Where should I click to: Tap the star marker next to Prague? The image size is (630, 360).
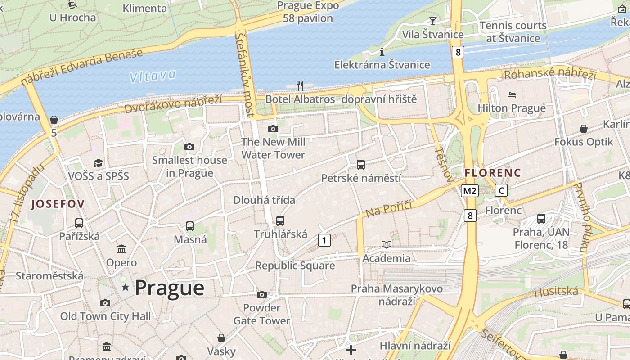tap(125, 287)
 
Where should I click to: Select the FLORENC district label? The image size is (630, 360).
tap(493, 173)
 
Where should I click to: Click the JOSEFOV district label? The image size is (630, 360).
tap(57, 204)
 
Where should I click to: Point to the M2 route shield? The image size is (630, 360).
tap(469, 191)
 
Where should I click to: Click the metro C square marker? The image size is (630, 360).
tap(501, 190)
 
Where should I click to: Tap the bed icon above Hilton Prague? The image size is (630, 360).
tap(512, 95)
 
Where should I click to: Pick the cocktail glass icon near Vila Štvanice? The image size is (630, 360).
tap(432, 21)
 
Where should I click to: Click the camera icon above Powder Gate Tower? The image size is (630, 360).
tap(261, 295)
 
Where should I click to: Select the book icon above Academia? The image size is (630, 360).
tap(387, 244)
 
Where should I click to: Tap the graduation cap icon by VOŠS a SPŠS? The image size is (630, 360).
tap(98, 163)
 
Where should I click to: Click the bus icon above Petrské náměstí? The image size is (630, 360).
tap(361, 165)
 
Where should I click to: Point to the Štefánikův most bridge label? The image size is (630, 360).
tap(245, 74)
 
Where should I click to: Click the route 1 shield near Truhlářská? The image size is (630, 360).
tap(324, 240)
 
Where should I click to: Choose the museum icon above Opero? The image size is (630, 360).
tap(121, 249)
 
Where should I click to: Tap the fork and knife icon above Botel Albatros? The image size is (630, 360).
tap(300, 85)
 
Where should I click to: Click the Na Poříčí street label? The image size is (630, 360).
tap(389, 209)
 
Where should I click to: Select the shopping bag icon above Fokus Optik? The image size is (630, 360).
tap(584, 129)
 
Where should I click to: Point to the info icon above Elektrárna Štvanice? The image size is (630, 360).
tap(382, 52)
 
